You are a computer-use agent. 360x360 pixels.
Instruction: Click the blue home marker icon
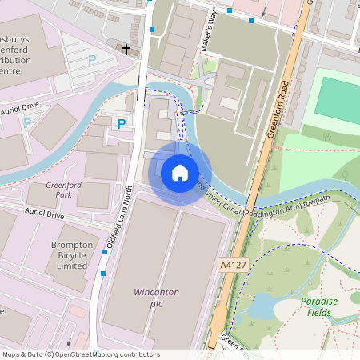180,173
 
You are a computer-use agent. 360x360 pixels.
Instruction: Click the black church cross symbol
126,50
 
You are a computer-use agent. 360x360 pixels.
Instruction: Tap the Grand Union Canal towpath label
256,205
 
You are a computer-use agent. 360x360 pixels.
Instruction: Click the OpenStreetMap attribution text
81,354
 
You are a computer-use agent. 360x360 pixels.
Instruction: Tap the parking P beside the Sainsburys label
92,59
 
